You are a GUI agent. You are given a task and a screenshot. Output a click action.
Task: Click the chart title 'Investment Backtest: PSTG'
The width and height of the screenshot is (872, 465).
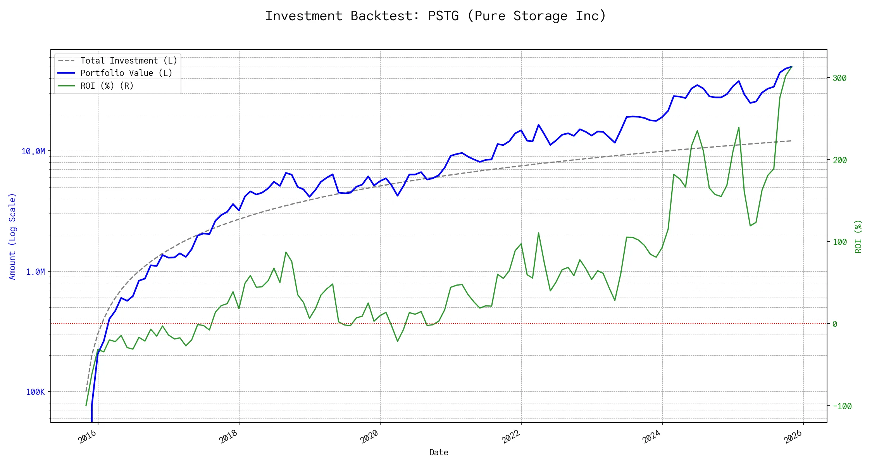pos(435,16)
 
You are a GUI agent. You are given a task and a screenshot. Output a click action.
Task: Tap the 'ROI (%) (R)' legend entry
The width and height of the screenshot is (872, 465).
pos(107,86)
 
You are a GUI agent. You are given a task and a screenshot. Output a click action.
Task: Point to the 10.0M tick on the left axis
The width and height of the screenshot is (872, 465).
pos(33,151)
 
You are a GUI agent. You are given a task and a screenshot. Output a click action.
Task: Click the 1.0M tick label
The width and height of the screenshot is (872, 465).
pos(35,272)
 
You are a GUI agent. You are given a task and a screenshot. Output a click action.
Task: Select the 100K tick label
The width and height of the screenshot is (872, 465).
pos(35,392)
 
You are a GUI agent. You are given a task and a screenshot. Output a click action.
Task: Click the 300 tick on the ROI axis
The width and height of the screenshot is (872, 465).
pos(839,78)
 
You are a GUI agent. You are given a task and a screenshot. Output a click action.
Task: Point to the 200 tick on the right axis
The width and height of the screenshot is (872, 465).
pos(839,160)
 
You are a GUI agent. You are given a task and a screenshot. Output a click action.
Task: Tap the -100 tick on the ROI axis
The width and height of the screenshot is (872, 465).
pos(842,406)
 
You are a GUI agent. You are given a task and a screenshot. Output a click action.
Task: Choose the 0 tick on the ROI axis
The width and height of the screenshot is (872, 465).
pos(835,324)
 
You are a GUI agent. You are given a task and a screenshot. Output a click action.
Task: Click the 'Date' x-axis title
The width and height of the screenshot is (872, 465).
pos(439,452)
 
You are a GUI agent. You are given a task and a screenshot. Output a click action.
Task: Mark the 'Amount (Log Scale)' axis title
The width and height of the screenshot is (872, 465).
pos(12,236)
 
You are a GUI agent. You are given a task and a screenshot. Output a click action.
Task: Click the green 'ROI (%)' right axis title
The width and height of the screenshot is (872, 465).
pos(858,236)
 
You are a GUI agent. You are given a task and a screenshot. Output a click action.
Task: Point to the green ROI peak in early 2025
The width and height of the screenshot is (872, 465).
pos(739,127)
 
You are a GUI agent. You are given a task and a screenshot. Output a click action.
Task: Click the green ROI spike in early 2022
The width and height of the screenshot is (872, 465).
pos(538,233)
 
